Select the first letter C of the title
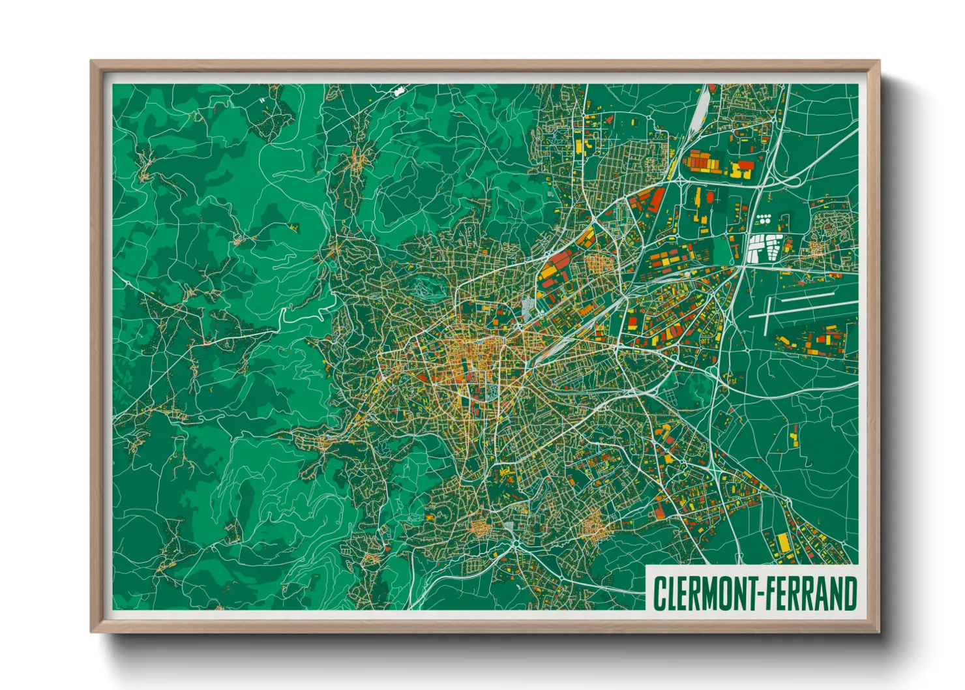pos(659,593)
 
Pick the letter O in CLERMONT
pos(723,593)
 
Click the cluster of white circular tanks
pos(764,218)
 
